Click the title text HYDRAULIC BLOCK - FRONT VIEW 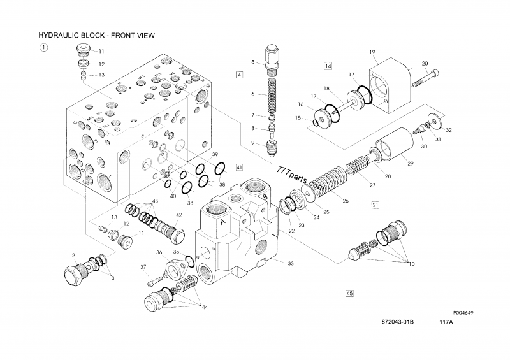(x=97, y=36)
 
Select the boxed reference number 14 (x=328, y=66)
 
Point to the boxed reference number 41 (x=239, y=168)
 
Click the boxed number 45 (x=349, y=293)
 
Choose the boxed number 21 (x=375, y=205)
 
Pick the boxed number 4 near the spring (x=240, y=75)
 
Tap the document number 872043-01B (x=398, y=324)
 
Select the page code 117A (x=446, y=324)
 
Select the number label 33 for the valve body (x=290, y=263)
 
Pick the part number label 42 (x=180, y=215)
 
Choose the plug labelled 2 (x=75, y=273)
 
